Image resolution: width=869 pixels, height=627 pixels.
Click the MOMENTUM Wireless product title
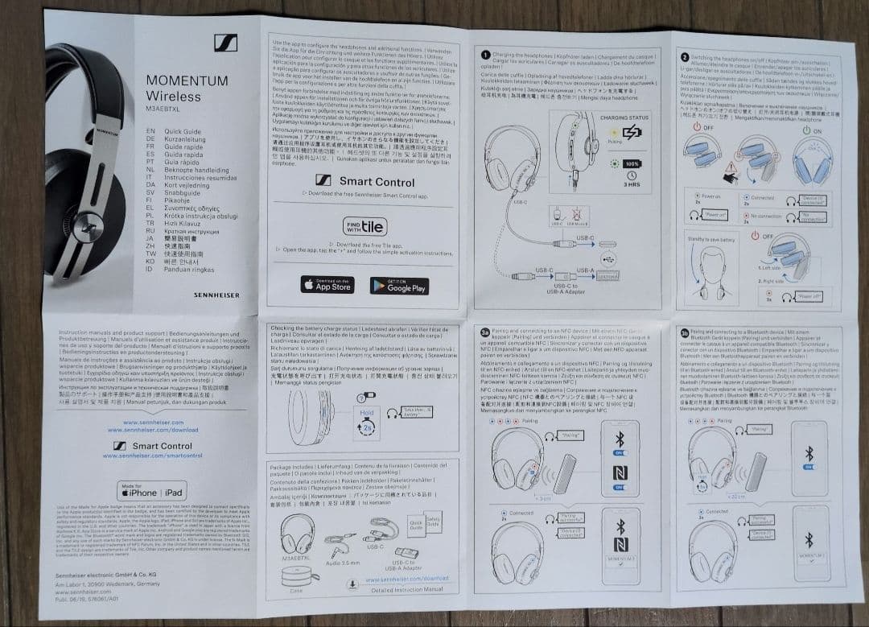point(187,88)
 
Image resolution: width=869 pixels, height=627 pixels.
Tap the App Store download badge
point(327,285)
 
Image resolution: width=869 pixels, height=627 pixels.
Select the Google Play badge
point(398,285)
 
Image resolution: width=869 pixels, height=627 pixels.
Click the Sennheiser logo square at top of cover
point(224,45)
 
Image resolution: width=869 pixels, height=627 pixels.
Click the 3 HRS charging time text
point(632,184)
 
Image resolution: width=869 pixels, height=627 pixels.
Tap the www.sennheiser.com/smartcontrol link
point(147,456)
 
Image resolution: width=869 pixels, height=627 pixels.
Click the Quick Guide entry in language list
point(183,130)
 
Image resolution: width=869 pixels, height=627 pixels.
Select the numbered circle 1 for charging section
point(485,55)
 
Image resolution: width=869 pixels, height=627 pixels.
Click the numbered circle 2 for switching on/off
point(685,57)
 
